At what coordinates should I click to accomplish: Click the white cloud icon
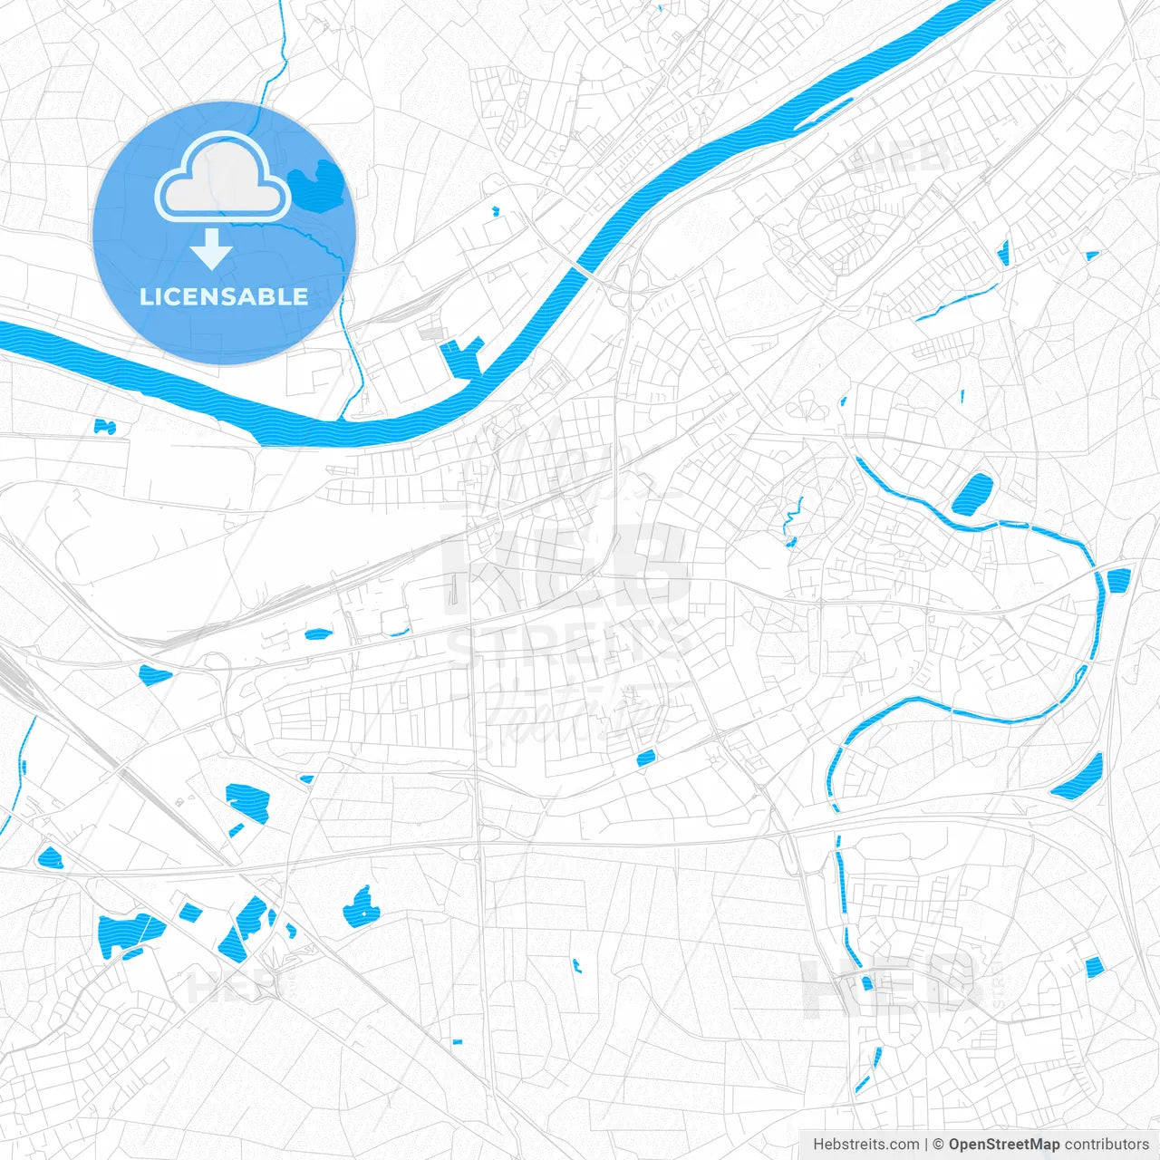tap(223, 178)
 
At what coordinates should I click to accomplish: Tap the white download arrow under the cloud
tap(211, 249)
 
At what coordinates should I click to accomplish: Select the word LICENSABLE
tap(224, 296)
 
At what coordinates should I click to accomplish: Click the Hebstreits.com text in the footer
tap(865, 1145)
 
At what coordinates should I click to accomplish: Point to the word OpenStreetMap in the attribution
tap(1003, 1145)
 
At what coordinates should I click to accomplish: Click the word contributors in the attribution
tap(1107, 1145)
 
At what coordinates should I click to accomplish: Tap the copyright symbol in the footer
tap(939, 1145)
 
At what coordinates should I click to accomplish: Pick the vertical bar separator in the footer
tap(926, 1145)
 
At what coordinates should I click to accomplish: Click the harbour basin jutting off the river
tap(461, 357)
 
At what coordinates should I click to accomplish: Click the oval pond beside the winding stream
tap(971, 494)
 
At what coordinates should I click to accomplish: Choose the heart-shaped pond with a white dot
tap(361, 908)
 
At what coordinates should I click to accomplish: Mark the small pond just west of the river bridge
tap(495, 212)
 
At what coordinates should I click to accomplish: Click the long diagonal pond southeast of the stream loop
tap(1078, 778)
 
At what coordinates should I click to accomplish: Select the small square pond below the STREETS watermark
tap(645, 758)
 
